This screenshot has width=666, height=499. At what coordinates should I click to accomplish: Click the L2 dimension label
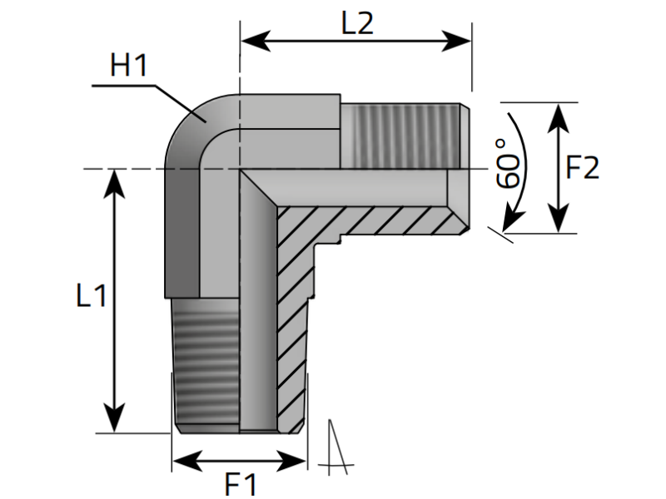356,23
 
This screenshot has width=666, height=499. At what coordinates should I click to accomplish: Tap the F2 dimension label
582,169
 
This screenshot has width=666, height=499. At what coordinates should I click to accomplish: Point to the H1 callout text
129,67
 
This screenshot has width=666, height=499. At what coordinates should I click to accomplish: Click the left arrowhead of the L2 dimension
251,40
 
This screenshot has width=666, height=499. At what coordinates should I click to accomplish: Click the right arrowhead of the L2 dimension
461,40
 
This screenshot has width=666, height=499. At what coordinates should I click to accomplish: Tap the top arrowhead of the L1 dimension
114,182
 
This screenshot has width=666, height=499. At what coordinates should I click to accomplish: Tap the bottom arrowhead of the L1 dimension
114,421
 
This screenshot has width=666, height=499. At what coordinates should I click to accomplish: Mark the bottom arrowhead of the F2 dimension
556,223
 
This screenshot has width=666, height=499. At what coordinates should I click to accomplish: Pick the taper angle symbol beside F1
336,449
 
